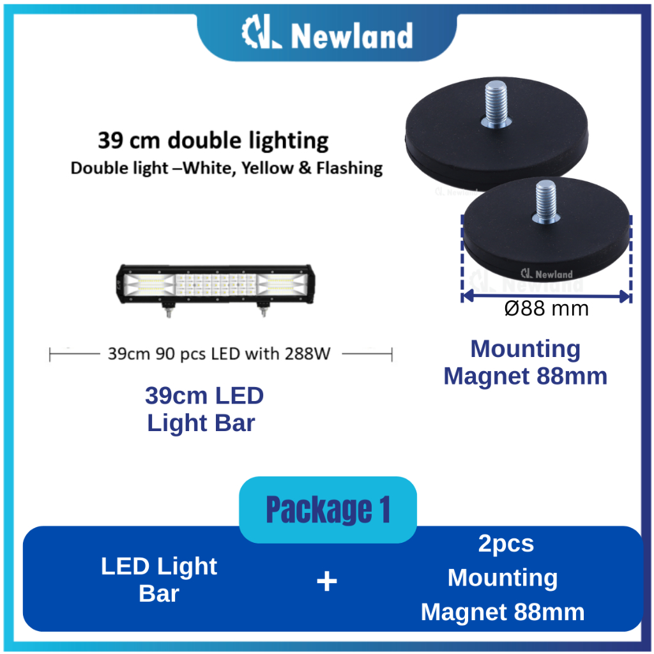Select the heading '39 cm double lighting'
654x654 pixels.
pos(213,140)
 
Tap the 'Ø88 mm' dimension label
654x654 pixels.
pos(546,309)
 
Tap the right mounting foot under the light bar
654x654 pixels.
pos(262,310)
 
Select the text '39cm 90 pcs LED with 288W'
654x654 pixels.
pos(218,353)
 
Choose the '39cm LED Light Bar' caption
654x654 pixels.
pos(204,409)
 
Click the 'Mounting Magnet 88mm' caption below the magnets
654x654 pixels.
pos(525,363)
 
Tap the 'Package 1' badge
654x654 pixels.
pos(328,510)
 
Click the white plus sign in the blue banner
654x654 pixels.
pos(326,581)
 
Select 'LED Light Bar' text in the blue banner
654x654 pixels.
pos(159,579)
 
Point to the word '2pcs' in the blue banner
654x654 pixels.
pos(506,544)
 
